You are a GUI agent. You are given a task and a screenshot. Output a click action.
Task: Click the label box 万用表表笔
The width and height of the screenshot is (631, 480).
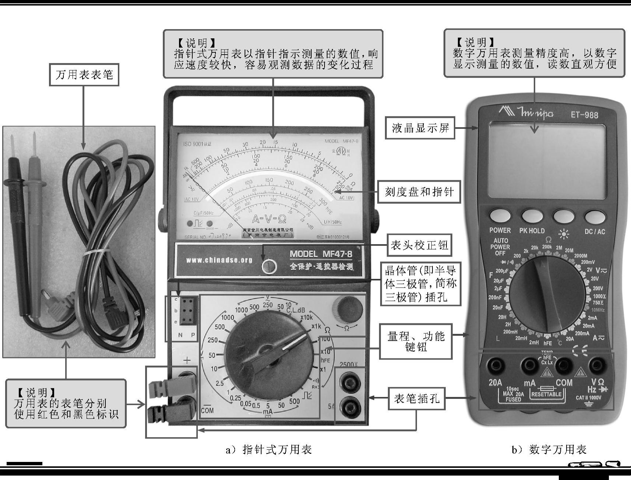[x=84, y=75]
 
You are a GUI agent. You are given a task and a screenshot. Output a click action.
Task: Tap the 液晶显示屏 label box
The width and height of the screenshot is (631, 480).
[x=420, y=128]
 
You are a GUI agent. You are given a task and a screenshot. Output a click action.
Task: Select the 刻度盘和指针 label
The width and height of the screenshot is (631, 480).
[x=419, y=192]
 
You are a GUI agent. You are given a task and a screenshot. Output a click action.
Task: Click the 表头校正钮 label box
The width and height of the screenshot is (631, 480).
[x=419, y=245]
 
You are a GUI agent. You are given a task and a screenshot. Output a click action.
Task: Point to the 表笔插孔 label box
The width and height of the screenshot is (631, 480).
[x=417, y=398]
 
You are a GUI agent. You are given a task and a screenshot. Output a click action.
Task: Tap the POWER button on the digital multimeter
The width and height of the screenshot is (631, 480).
[x=500, y=216]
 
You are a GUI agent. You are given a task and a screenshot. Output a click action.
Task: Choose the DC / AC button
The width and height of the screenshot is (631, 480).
[x=595, y=217]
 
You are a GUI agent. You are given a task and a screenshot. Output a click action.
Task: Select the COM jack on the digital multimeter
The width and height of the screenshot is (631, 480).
[x=563, y=365]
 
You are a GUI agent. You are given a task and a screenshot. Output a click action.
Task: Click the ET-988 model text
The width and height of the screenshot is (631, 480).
[x=585, y=115]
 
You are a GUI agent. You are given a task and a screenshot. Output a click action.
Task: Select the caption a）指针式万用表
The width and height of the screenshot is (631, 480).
[x=269, y=449]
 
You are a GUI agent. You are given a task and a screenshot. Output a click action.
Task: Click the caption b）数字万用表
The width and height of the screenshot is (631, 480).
[x=548, y=449]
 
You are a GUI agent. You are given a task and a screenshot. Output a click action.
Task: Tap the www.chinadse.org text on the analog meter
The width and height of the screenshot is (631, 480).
[x=219, y=260]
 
